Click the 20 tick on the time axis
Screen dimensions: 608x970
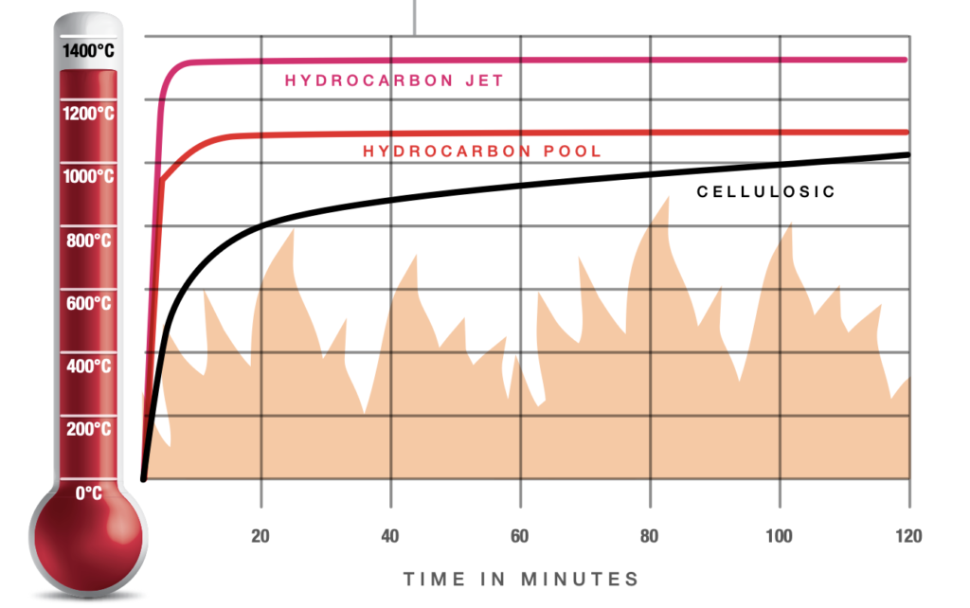261,536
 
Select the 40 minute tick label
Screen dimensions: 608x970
390,536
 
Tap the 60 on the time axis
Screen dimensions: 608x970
520,536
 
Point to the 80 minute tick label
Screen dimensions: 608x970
650,536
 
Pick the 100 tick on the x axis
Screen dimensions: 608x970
779,536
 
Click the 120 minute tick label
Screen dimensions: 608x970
907,536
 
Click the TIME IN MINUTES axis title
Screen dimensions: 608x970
521,579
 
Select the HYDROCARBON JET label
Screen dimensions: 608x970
394,81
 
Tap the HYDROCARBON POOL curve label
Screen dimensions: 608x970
482,151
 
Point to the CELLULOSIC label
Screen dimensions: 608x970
765,191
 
